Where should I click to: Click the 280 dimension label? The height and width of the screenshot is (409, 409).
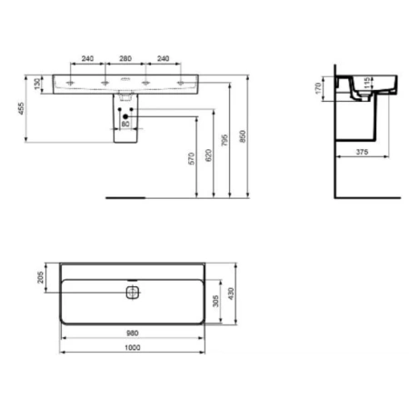126,58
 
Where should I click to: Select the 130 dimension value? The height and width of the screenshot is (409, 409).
36,84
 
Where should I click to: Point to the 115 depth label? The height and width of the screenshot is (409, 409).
365,84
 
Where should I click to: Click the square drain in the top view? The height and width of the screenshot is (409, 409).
132,292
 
